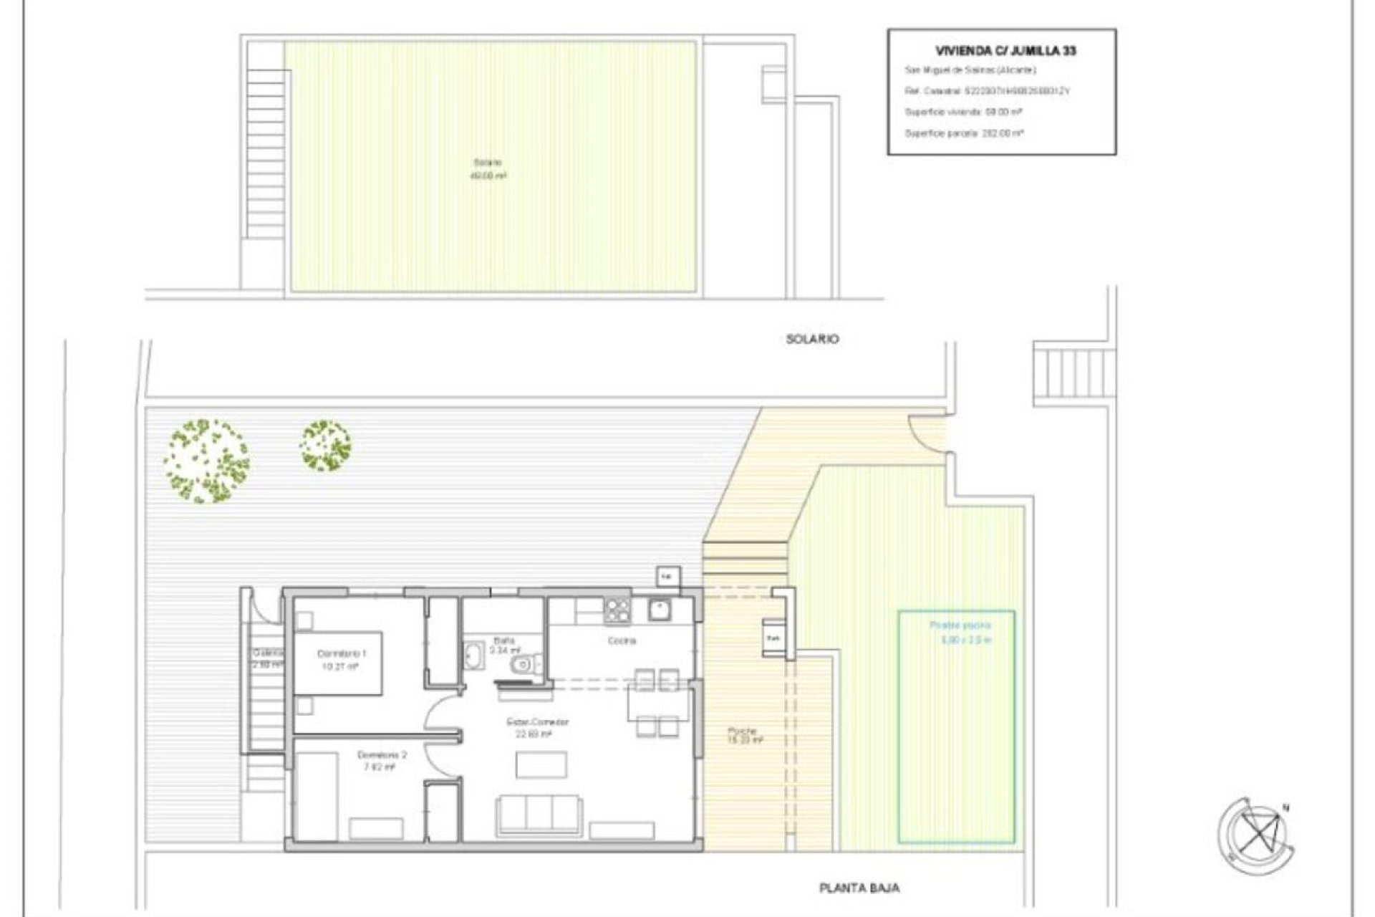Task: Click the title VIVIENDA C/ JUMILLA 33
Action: pyautogui.click(x=1005, y=51)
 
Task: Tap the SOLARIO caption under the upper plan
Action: pyautogui.click(x=812, y=339)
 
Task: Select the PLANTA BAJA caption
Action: pyautogui.click(x=859, y=888)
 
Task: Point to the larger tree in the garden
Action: pyautogui.click(x=206, y=460)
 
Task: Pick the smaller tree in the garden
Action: pyautogui.click(x=326, y=446)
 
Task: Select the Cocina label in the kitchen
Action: pyautogui.click(x=621, y=640)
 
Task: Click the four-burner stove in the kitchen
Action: pyautogui.click(x=617, y=610)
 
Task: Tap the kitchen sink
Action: pyautogui.click(x=659, y=609)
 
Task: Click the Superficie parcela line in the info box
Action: pyautogui.click(x=963, y=133)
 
